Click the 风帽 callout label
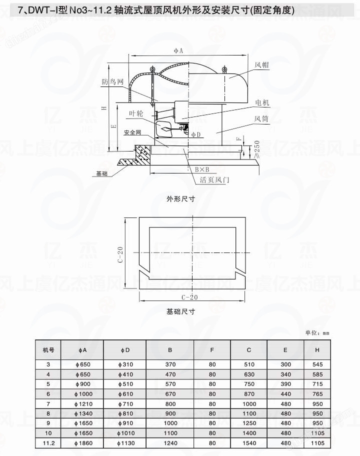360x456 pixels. (261, 64)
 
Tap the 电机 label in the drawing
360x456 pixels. (262, 102)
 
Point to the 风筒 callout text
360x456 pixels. (261, 118)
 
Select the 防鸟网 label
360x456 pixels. (112, 81)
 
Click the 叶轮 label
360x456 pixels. (136, 113)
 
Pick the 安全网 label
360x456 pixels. (132, 132)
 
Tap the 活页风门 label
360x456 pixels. (214, 179)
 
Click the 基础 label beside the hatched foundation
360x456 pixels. (102, 173)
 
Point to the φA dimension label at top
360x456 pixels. (178, 50)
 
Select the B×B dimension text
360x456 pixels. (202, 169)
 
